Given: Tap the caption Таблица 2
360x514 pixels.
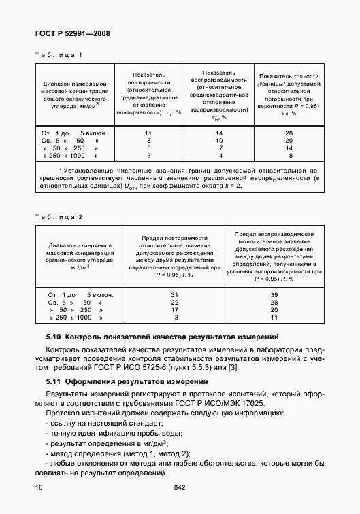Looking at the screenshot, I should [59, 216].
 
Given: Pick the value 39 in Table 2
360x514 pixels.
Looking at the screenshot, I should [274, 294].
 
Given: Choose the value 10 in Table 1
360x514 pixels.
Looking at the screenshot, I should [219, 139].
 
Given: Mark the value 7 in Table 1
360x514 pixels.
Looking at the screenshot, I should [219, 148].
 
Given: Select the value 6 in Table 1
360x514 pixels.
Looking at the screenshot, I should [148, 148].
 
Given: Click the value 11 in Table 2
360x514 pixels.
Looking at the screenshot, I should [274, 318].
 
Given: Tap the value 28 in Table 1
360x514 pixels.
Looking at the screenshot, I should [289, 132].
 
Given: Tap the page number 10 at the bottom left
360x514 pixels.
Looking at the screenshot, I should [39, 487].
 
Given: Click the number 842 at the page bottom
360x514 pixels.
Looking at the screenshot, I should [180, 487].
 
